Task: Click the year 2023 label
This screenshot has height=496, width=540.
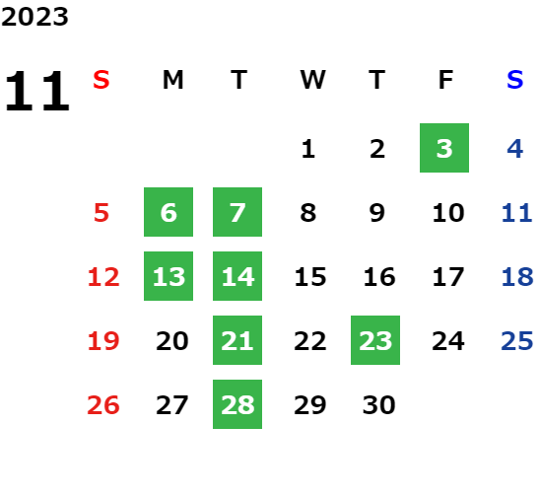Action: point(34,17)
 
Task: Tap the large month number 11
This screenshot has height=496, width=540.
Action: point(37,91)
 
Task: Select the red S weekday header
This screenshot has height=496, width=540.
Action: point(101,80)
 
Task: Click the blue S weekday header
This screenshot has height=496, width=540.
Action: point(514,80)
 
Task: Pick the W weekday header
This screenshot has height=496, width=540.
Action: point(312,80)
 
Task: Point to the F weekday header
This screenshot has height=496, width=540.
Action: point(445,80)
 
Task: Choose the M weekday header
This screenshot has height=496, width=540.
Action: point(172,80)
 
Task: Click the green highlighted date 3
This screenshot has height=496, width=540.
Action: point(444,148)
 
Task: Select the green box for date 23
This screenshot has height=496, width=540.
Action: point(375,340)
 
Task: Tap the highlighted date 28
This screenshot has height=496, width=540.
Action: point(237,404)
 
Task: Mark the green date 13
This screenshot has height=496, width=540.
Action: point(169,276)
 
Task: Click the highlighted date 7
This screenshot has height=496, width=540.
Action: point(237,212)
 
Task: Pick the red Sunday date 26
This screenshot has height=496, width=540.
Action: point(103,405)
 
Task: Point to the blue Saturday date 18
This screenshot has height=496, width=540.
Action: point(517,277)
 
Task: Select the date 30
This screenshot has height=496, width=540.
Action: point(378,405)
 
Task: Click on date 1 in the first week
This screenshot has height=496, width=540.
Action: point(308,149)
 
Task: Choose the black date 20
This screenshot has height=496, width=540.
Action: point(172,341)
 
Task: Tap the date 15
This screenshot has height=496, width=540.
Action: point(310,277)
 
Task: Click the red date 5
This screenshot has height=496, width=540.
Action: point(101,213)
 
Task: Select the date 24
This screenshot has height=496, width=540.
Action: point(448,341)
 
